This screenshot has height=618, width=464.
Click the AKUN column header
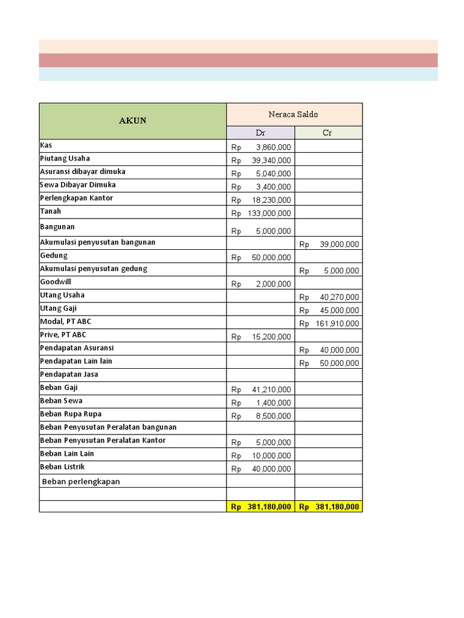pyautogui.click(x=132, y=121)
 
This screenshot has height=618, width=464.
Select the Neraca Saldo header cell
pyautogui.click(x=294, y=114)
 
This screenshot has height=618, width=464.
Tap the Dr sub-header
pyautogui.click(x=260, y=133)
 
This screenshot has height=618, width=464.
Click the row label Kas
pyautogui.click(x=46, y=145)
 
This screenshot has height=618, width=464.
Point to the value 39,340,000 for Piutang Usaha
pyautogui.click(x=269, y=161)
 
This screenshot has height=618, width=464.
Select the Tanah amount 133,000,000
pyautogui.click(x=269, y=214)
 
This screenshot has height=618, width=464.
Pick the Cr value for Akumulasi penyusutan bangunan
pyautogui.click(x=337, y=244)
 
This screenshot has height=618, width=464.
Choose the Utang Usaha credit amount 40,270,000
pyautogui.click(x=337, y=298)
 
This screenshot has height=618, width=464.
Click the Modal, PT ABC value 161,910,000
pyautogui.click(x=337, y=324)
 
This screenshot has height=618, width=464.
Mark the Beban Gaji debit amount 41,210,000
pyautogui.click(x=269, y=390)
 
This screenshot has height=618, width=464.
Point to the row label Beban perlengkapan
pyautogui.click(x=81, y=482)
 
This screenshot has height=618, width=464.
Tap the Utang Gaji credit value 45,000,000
pyautogui.click(x=337, y=311)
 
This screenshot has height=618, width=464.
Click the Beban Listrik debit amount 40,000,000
pyautogui.click(x=269, y=470)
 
